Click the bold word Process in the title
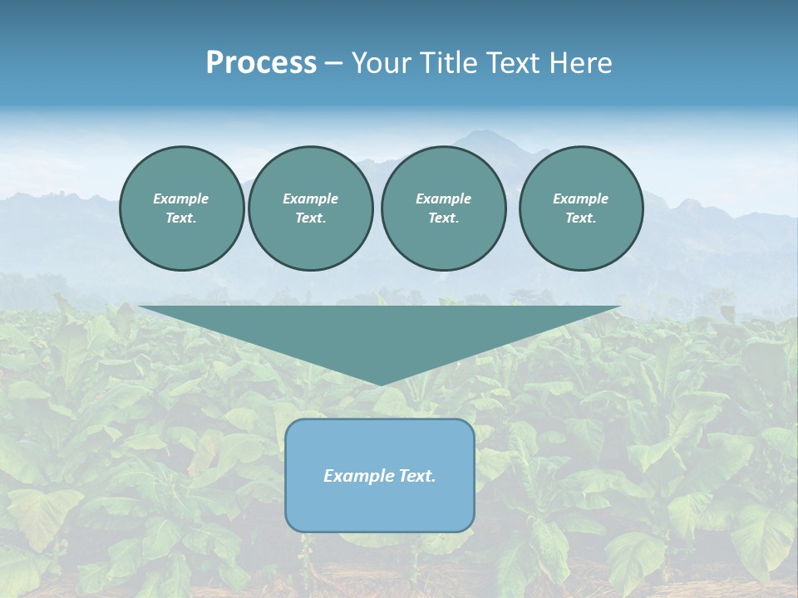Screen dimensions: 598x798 coord(261,63)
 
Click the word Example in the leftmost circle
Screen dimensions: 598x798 coord(181,199)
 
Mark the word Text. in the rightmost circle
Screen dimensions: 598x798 coord(580,218)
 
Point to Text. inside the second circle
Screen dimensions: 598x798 coord(310,218)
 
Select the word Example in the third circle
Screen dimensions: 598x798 coord(443,199)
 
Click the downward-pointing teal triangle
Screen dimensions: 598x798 coord(380,332)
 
